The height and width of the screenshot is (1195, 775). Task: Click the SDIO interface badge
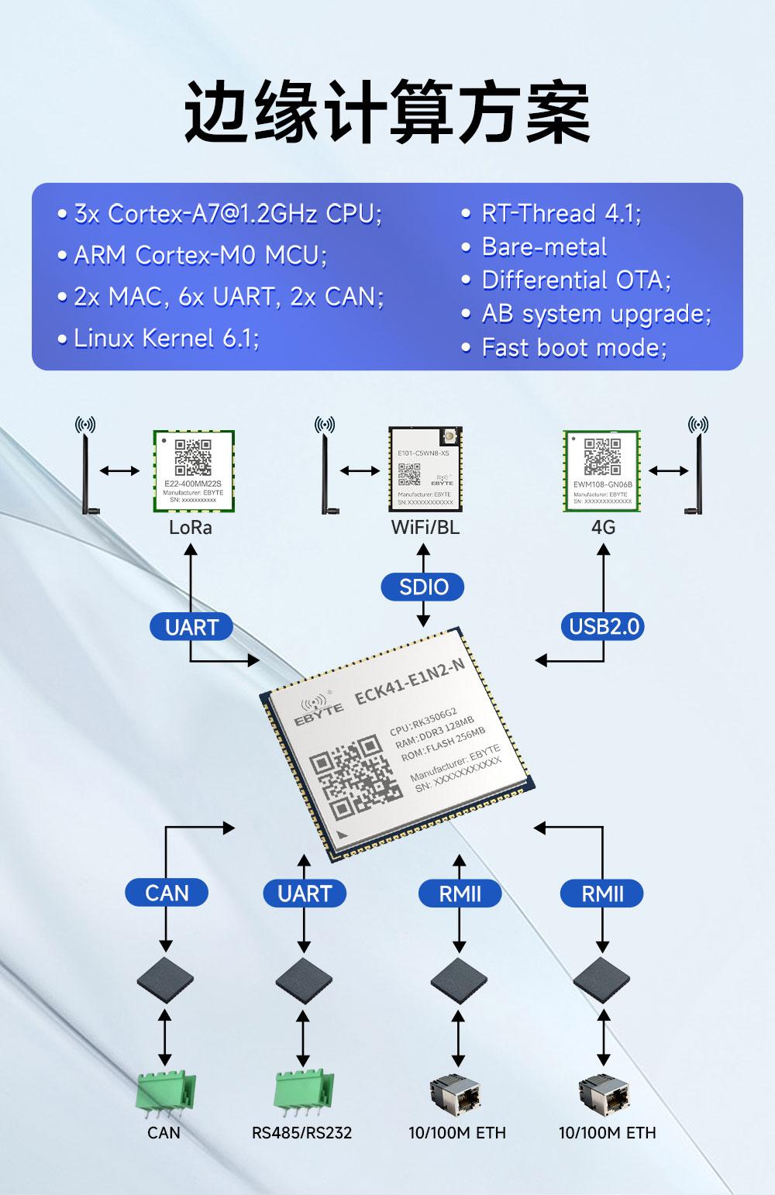pyautogui.click(x=422, y=587)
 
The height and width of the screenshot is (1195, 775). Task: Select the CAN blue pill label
pyautogui.click(x=167, y=893)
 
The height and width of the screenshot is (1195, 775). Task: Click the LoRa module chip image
pyautogui.click(x=194, y=470)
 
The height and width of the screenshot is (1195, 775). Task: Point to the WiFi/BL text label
pyautogui.click(x=425, y=528)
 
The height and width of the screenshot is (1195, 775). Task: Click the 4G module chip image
pyautogui.click(x=602, y=470)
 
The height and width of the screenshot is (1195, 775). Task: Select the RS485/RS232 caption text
pyautogui.click(x=301, y=1133)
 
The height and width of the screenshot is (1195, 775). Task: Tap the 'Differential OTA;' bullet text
pyautogui.click(x=576, y=280)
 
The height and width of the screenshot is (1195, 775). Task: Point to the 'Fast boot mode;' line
pyautogui.click(x=573, y=347)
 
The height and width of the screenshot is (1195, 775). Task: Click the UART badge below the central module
pyautogui.click(x=305, y=893)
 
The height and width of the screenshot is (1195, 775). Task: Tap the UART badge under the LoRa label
pyautogui.click(x=191, y=626)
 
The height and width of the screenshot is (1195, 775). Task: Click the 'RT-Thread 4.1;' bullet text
pyautogui.click(x=561, y=213)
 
